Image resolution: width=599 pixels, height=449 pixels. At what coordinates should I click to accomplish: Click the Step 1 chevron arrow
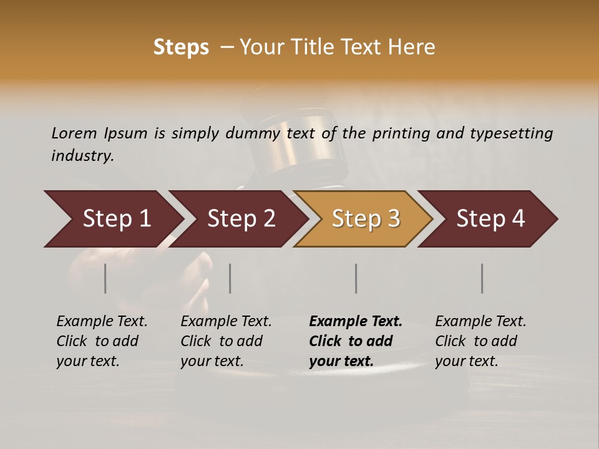[x=115, y=218]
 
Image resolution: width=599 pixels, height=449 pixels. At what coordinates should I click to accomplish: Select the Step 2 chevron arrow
[x=240, y=218]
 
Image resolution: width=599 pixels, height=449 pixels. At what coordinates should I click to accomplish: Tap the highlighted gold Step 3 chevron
[x=365, y=218]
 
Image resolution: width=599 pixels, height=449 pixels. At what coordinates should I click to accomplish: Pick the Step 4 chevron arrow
[x=490, y=218]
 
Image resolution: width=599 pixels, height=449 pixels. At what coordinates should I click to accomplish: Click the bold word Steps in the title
[x=181, y=47]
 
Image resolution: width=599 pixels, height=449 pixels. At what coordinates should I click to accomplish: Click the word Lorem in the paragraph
[x=74, y=133]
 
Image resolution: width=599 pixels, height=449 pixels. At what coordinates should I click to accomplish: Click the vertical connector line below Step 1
[x=105, y=278]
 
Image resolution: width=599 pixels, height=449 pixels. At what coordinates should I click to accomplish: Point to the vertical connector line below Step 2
[x=230, y=278]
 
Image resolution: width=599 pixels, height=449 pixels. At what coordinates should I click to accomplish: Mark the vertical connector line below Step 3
[x=356, y=278]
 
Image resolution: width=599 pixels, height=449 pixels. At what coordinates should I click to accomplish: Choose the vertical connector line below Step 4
[x=482, y=278]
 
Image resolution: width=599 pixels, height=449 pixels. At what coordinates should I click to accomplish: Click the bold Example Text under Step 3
[x=354, y=341]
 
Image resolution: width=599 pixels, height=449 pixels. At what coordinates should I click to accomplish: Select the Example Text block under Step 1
[x=101, y=341]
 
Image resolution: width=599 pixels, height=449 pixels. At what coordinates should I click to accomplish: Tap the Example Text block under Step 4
[x=479, y=341]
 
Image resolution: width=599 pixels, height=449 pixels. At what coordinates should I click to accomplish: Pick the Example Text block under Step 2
[x=225, y=341]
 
